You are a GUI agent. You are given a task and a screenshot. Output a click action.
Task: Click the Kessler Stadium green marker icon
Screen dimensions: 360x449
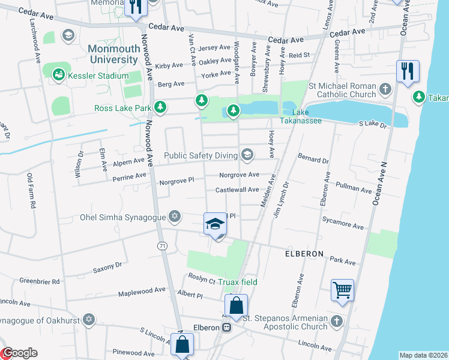point(59,76)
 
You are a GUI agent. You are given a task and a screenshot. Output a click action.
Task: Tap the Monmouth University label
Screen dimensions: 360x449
point(113,54)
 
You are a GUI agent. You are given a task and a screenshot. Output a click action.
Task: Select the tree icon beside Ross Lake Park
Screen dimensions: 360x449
point(160,108)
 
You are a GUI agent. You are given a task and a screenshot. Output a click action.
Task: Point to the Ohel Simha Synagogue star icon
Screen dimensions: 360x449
point(175,216)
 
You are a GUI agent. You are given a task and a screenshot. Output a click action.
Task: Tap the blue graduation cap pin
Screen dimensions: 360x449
point(215,224)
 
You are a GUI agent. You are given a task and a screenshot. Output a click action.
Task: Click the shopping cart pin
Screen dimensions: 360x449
point(342,290)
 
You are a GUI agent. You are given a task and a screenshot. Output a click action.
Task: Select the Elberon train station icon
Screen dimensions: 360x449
point(226,328)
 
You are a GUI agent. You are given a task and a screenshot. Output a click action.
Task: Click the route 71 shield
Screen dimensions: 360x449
point(162,246)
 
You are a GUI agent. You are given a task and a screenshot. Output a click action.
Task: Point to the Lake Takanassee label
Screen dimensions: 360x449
point(306,116)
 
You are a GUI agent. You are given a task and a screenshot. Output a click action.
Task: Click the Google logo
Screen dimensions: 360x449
point(19,353)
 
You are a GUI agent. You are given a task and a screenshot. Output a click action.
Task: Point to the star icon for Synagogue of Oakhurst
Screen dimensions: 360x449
point(89,318)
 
